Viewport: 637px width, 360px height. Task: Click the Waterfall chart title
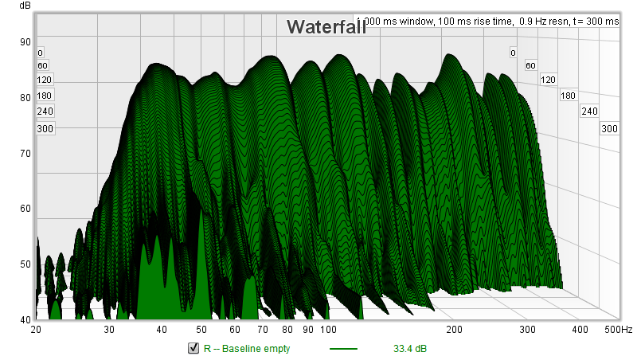(x=326, y=27)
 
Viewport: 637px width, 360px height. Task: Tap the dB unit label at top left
(x=14, y=7)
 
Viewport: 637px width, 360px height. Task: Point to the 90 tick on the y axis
(x=25, y=43)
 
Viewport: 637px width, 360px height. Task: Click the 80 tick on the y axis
(x=25, y=98)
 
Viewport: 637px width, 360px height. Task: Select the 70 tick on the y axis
(x=25, y=153)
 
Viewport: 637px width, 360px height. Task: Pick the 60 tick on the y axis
(x=25, y=209)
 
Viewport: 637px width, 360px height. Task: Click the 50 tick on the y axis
(x=25, y=264)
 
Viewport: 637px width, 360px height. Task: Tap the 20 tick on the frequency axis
(x=36, y=329)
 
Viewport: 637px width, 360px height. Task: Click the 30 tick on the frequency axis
(x=109, y=329)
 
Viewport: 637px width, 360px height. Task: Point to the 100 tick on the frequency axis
(x=327, y=329)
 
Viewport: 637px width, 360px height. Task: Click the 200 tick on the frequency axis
(x=454, y=329)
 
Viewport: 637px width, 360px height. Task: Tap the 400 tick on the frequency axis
(x=580, y=329)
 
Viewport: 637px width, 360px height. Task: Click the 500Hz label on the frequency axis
(x=617, y=329)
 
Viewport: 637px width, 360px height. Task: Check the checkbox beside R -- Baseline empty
(x=193, y=348)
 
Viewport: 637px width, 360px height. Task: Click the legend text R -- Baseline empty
(x=247, y=348)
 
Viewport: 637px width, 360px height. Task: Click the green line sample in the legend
(x=343, y=348)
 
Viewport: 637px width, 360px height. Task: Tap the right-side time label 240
(x=589, y=111)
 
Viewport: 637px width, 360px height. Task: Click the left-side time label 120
(x=44, y=80)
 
